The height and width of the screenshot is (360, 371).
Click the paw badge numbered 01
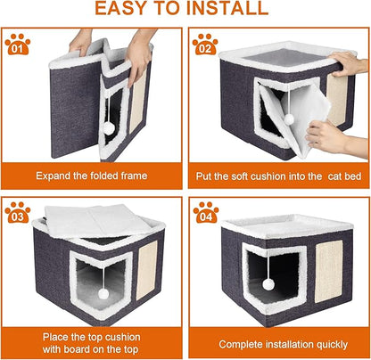coord(18,44)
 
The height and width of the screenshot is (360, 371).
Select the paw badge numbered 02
coord(205,44)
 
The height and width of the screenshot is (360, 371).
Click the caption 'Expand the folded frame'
coord(93,174)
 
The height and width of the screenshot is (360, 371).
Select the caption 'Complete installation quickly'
coord(279,343)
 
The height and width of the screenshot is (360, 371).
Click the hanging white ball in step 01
coord(110,128)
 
